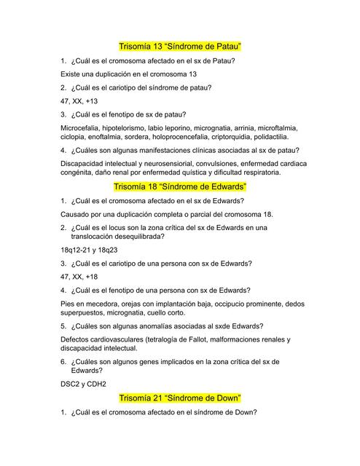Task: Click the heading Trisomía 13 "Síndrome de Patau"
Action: point(179,46)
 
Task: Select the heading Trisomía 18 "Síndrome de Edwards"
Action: point(180,186)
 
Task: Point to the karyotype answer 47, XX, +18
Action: point(79,277)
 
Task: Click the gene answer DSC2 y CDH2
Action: point(84,383)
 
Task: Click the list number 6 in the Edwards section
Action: point(63,361)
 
